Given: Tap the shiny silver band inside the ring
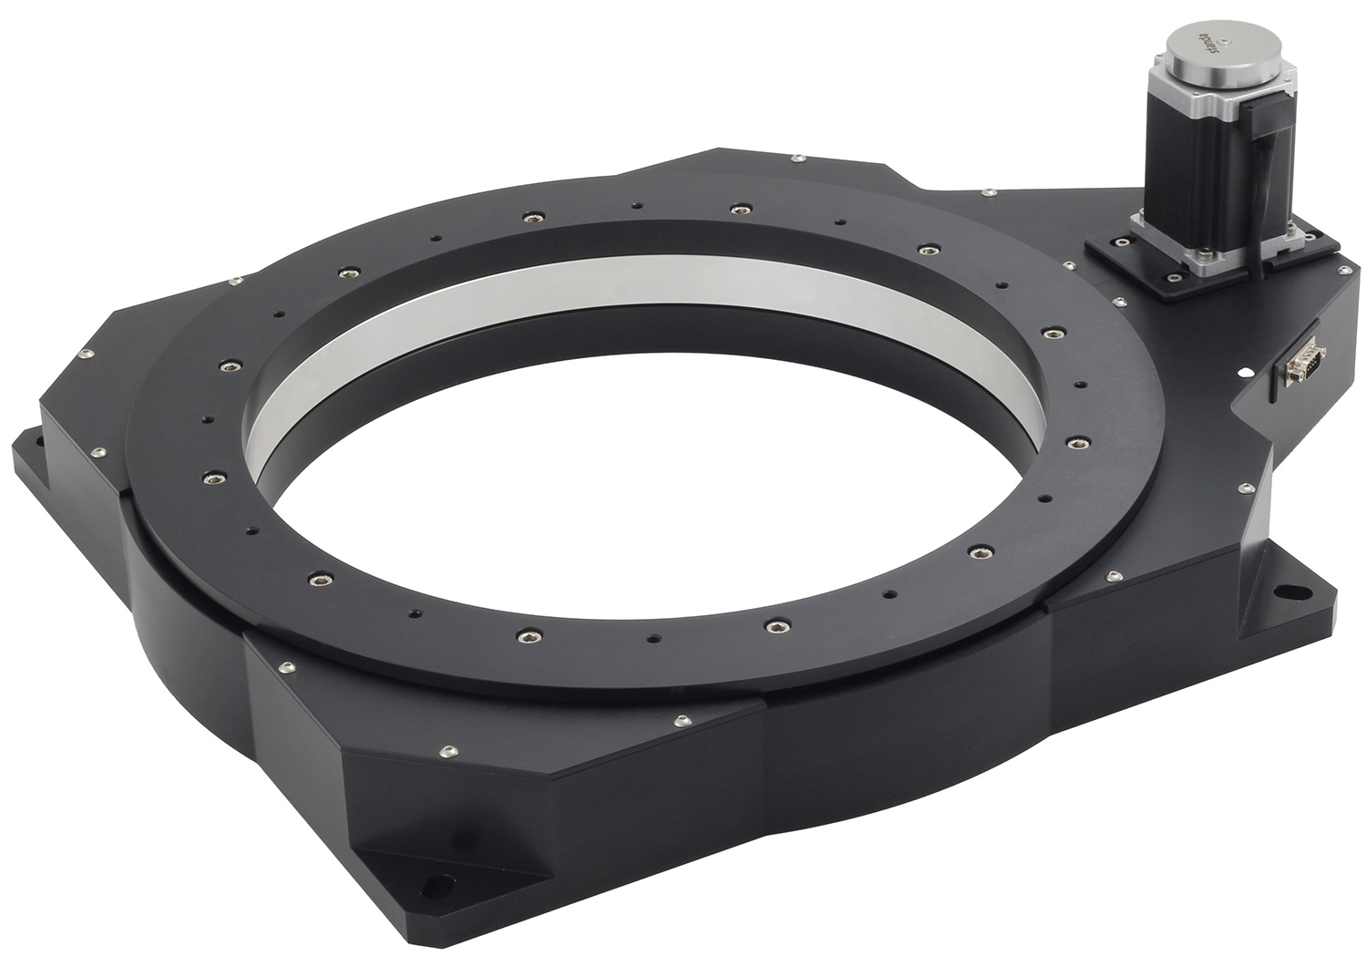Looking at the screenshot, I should point(638,310).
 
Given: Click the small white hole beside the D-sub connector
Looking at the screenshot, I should point(1242,372).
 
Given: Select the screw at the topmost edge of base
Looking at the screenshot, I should point(797,159).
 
